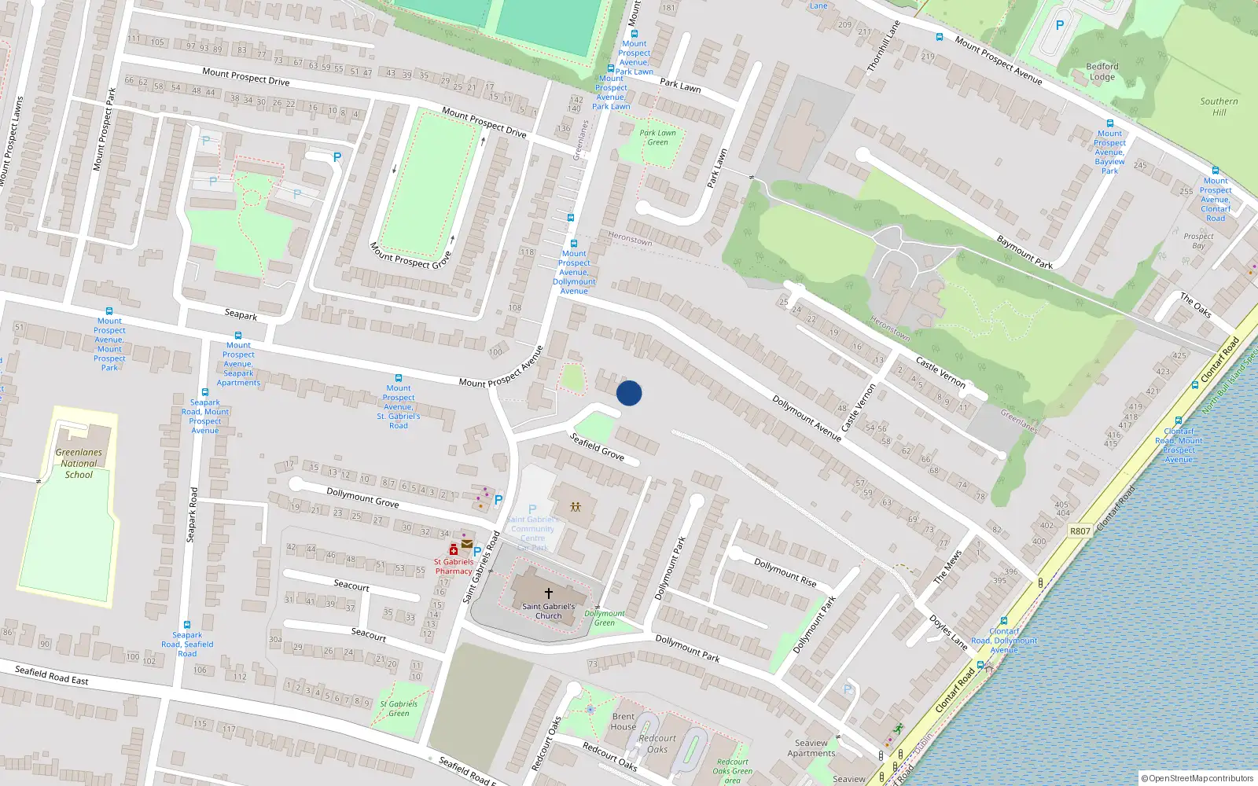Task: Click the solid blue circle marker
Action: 629,393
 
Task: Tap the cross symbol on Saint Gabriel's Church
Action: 549,593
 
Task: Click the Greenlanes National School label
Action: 79,464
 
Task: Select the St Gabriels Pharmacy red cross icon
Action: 454,550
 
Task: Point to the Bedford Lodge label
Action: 1102,72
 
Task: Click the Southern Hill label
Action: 1219,106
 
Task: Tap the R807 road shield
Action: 1080,531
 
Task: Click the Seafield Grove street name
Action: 597,446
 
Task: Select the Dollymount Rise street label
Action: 785,572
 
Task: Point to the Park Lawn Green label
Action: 657,138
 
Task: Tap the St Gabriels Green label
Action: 399,708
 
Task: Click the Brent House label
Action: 623,722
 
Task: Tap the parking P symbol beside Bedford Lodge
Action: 1059,25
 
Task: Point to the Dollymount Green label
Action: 605,618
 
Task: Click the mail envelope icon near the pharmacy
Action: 467,543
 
